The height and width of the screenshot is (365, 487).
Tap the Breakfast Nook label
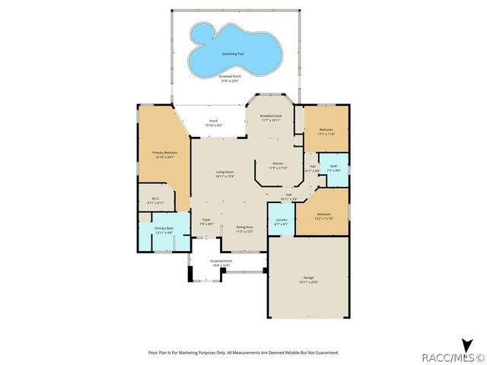(271, 116)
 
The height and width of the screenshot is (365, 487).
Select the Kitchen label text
(278, 163)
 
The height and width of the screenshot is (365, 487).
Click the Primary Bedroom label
(165, 153)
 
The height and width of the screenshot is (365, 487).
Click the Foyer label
(205, 221)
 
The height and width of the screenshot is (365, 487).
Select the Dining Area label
(244, 227)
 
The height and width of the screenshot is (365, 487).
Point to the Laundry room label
(281, 221)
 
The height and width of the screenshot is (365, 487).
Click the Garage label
(310, 278)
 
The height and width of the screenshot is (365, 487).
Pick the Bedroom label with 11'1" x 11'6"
(326, 130)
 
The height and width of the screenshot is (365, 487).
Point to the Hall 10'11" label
(289, 196)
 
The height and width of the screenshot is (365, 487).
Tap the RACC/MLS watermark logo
(454, 356)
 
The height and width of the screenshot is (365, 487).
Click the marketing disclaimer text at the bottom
(242, 353)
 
